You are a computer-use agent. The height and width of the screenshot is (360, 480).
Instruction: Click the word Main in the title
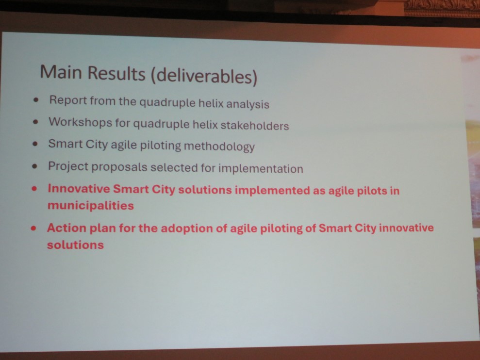(61, 72)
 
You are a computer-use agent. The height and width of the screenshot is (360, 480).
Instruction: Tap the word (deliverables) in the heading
(204, 76)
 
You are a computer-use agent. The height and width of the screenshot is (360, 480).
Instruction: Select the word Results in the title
(116, 73)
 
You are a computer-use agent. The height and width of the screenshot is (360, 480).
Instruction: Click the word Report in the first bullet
(68, 100)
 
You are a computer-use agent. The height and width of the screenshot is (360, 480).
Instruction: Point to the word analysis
(248, 104)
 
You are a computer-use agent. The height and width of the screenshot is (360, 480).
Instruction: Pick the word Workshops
(80, 122)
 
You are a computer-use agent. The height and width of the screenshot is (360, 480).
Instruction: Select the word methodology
(219, 147)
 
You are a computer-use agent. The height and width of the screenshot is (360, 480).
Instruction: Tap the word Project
(67, 166)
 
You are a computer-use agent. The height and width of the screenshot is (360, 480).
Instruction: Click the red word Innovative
(79, 189)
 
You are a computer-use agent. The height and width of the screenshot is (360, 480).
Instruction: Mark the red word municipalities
(91, 205)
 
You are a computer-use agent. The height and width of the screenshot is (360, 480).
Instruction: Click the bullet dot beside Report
(36, 100)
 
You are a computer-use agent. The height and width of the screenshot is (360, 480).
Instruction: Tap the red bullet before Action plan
(33, 228)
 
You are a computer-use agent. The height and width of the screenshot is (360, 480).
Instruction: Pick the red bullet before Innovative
(34, 189)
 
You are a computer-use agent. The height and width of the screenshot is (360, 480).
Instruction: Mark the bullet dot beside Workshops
(36, 122)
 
